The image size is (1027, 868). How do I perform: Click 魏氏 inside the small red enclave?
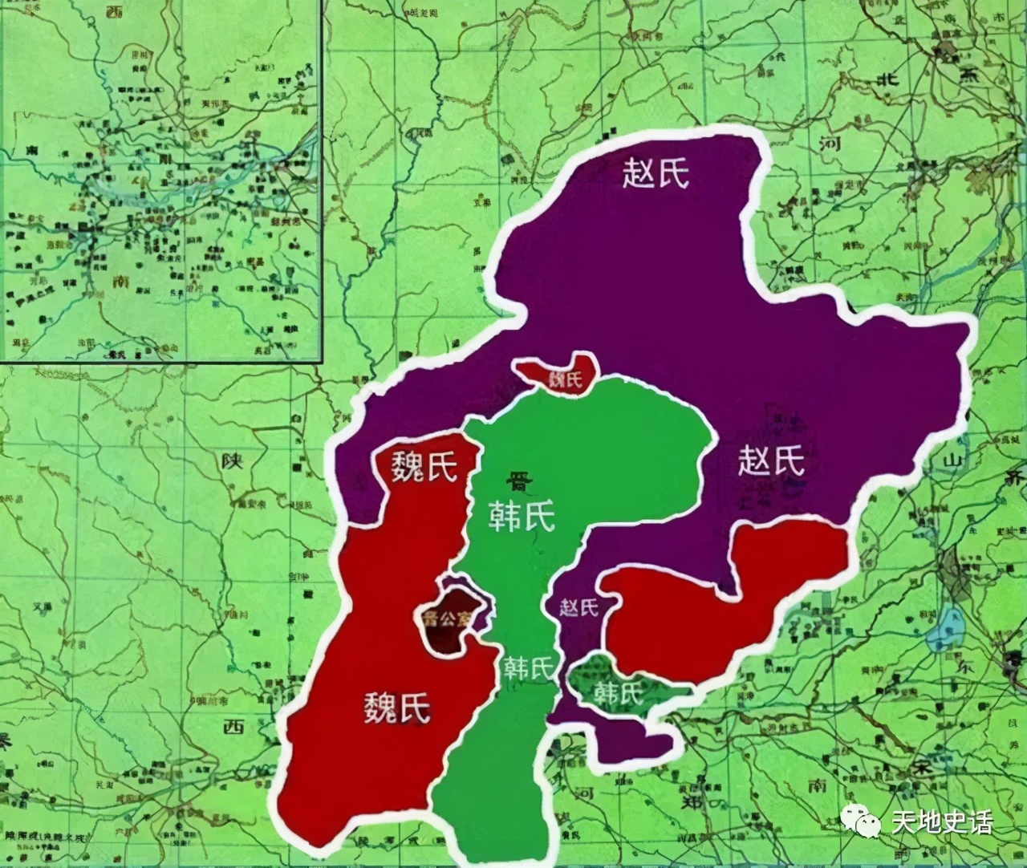tap(564, 379)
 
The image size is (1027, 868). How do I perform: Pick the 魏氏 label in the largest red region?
tap(397, 706)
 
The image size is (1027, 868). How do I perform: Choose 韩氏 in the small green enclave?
tap(619, 691)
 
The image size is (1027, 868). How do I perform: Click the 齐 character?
tap(1016, 478)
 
